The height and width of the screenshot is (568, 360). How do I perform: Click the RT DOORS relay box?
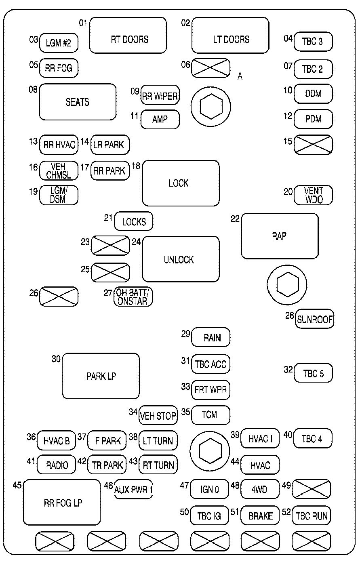pyautogui.click(x=128, y=35)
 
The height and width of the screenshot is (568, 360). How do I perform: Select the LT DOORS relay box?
pyautogui.click(x=230, y=35)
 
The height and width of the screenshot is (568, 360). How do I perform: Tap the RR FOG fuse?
pyautogui.click(x=59, y=68)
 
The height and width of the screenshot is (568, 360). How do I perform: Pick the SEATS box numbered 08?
pyautogui.click(x=78, y=102)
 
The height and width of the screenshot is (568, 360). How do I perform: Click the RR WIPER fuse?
pyautogui.click(x=160, y=96)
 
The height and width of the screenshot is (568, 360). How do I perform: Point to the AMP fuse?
pyautogui.click(x=160, y=119)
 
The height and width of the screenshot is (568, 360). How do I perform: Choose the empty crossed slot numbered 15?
pyautogui.click(x=313, y=144)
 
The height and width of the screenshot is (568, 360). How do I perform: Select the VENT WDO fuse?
pyautogui.click(x=313, y=195)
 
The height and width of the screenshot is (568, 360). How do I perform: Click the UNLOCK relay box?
pyautogui.click(x=181, y=259)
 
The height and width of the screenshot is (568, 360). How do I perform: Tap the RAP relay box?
pyautogui.click(x=280, y=236)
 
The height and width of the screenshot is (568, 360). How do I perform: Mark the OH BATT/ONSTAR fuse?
pyautogui.click(x=133, y=297)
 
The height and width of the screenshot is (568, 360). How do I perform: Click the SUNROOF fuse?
pyautogui.click(x=315, y=320)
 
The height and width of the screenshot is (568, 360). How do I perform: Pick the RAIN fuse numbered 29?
pyautogui.click(x=211, y=337)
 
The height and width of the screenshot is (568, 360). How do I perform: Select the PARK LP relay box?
pyautogui.click(x=101, y=376)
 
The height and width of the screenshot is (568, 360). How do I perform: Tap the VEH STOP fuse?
pyautogui.click(x=158, y=415)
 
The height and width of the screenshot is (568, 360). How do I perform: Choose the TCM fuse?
pyautogui.click(x=211, y=415)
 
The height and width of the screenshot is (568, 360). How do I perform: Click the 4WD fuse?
pyautogui.click(x=260, y=489)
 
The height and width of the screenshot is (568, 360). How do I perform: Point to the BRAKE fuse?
pyautogui.click(x=260, y=515)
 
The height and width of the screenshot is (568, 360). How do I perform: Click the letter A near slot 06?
pyautogui.click(x=240, y=76)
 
